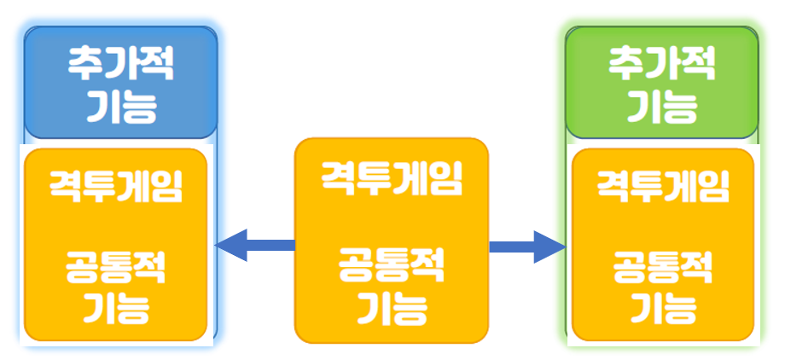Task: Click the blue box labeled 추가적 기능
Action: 120,83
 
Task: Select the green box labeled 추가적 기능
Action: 662,83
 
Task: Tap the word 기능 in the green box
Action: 662,106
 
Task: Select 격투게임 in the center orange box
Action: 391,179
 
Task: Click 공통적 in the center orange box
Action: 391,265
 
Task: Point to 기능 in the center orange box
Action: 391,305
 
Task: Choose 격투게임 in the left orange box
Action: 116,185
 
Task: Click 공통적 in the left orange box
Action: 116,270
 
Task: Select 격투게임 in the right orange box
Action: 663,185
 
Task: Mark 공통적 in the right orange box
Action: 663,270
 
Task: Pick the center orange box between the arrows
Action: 391,222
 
